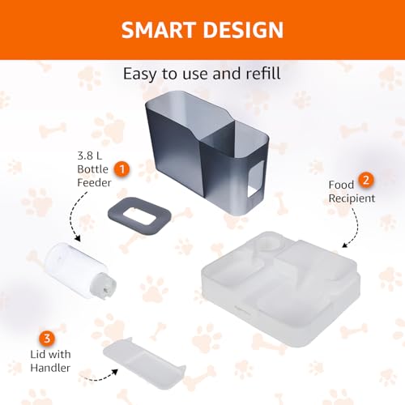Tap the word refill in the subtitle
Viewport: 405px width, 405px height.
260,74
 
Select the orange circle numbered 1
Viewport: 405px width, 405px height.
122,169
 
